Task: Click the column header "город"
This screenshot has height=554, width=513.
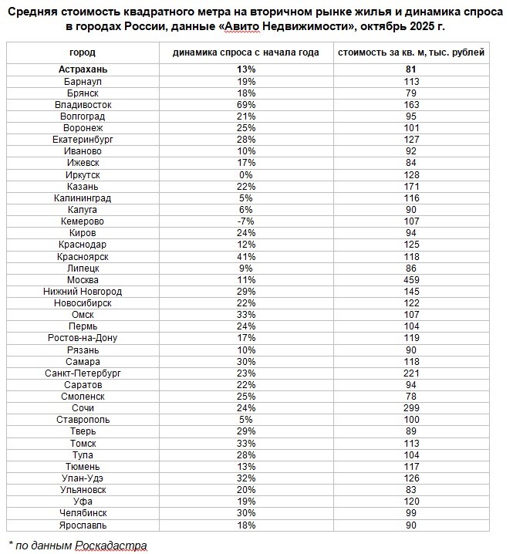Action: point(83,53)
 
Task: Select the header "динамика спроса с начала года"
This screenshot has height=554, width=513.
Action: point(246,53)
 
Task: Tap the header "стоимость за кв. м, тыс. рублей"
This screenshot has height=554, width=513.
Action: point(411,53)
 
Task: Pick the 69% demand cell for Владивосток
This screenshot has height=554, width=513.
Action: point(246,104)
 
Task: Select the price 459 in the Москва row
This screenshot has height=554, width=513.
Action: point(411,279)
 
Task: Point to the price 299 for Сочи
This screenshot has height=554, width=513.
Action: point(411,408)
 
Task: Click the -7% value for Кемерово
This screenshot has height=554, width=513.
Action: point(246,221)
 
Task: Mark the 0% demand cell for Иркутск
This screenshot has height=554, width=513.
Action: point(246,174)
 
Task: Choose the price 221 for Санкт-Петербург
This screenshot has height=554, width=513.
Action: point(411,373)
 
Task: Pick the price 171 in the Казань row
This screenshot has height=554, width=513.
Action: point(411,186)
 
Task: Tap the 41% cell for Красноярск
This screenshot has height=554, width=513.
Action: point(246,256)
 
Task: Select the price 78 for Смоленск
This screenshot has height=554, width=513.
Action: point(411,397)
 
